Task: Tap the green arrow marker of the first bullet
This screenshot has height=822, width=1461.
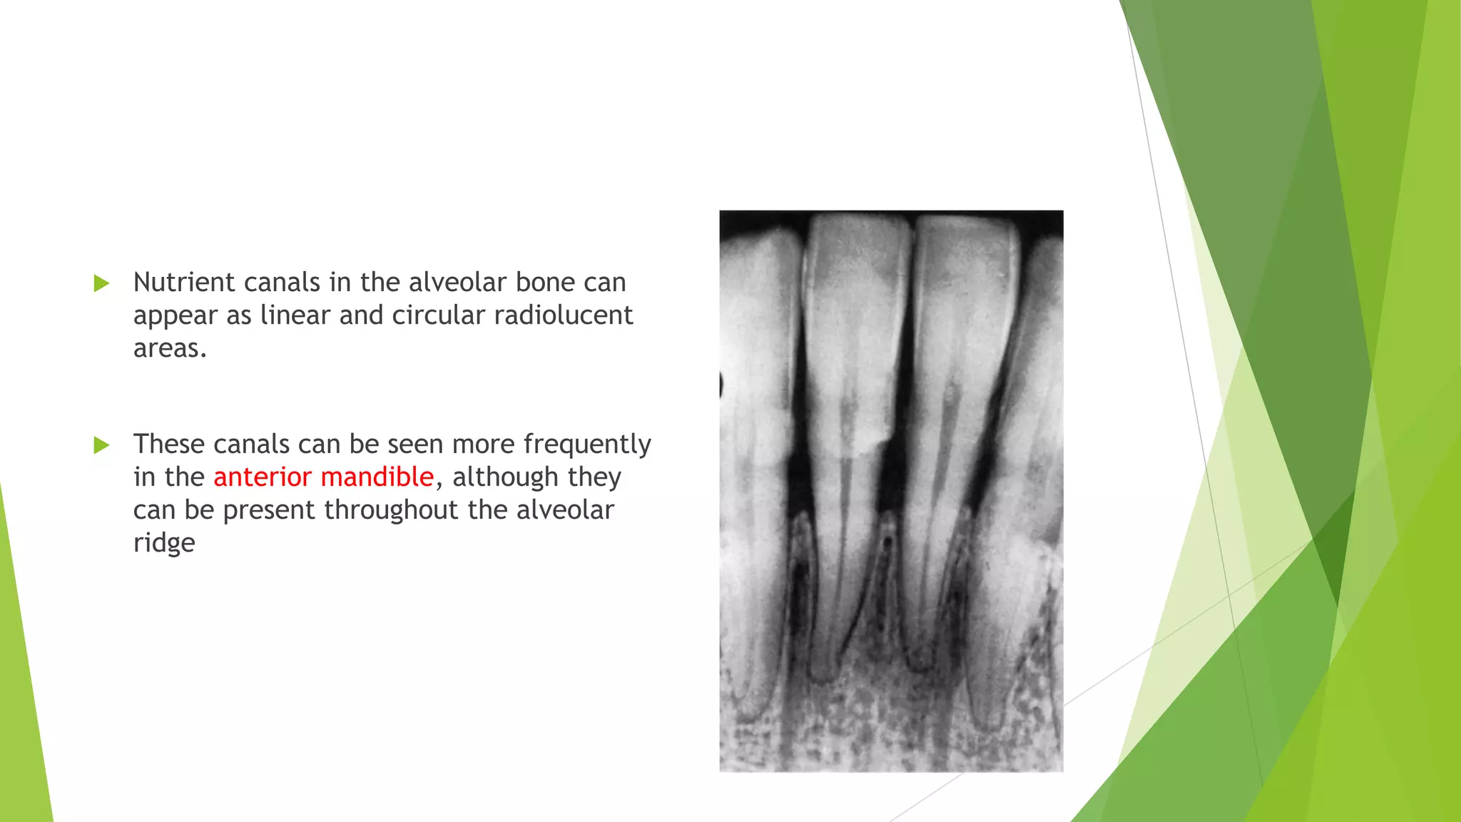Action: tap(101, 283)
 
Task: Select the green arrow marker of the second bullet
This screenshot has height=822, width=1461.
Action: tap(101, 445)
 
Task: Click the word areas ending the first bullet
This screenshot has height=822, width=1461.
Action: tap(168, 349)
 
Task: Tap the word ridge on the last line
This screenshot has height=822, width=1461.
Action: tap(164, 544)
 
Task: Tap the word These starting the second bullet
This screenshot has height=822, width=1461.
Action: tap(168, 445)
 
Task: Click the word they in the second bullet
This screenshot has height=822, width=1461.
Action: tap(594, 477)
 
